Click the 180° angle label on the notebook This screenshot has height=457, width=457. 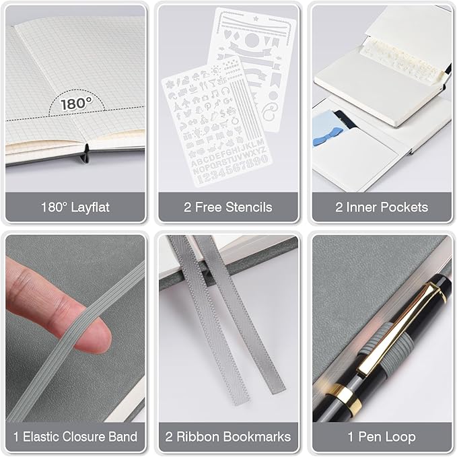[x=75, y=104]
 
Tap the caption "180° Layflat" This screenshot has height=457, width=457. [x=75, y=207]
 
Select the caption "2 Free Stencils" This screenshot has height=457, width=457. [x=228, y=207]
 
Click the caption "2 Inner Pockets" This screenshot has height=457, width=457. [x=381, y=207]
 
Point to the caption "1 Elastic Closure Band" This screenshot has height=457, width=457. [x=75, y=436]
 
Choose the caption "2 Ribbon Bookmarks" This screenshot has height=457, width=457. [x=228, y=436]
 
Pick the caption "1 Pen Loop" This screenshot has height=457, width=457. [x=381, y=436]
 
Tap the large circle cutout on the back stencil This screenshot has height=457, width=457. [x=250, y=40]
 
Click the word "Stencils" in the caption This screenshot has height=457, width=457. [x=249, y=207]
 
